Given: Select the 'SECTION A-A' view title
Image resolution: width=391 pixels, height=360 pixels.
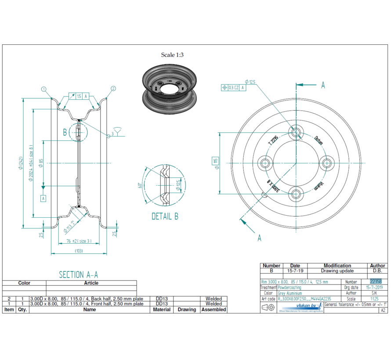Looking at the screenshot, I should (x=78, y=274).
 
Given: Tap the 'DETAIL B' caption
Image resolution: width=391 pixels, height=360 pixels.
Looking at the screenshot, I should (x=165, y=216).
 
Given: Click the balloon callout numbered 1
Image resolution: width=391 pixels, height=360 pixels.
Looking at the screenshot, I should (x=44, y=89).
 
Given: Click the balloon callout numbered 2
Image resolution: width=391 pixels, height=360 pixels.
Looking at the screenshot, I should (x=113, y=89).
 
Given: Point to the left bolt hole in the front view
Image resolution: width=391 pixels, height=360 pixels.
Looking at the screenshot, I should (x=265, y=163).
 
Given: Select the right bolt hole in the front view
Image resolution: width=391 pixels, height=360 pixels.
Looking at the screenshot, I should (x=326, y=163).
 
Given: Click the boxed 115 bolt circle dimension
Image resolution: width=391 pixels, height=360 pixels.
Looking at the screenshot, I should (x=215, y=161).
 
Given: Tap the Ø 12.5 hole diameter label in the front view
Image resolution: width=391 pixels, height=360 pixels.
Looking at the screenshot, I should (x=251, y=82).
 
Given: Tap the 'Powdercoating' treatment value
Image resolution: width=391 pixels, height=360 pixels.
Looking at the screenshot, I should (x=290, y=288).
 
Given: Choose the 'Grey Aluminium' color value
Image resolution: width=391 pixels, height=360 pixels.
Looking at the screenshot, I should (x=290, y=293).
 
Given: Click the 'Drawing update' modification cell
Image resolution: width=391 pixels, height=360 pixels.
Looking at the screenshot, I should (x=337, y=271).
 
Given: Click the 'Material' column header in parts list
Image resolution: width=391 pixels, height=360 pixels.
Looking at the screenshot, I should (x=162, y=310).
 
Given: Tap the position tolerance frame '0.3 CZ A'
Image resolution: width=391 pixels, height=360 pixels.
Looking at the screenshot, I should (x=233, y=87).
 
